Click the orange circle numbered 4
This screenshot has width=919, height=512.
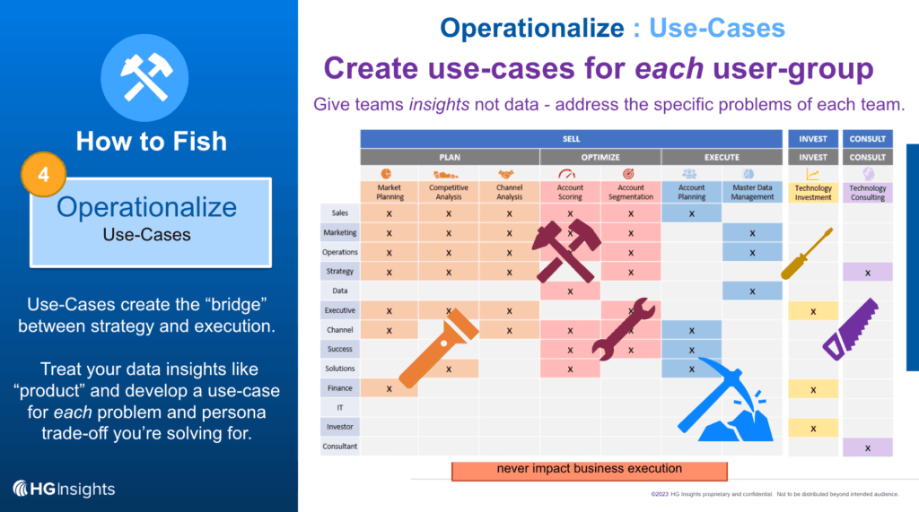coord(43,176)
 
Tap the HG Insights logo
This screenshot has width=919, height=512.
coord(64,489)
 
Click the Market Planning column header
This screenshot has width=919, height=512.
coord(389,192)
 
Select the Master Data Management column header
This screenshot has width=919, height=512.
coord(752,192)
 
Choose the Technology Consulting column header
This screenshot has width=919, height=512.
coord(868,192)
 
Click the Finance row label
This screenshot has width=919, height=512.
coord(340,388)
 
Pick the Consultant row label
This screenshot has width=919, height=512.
coord(340,447)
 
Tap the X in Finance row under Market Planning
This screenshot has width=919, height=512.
coord(389,388)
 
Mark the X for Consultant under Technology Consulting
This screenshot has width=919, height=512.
coord(868,447)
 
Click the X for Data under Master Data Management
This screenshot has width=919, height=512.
coord(752,291)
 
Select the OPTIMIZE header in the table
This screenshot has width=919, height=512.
coord(600,157)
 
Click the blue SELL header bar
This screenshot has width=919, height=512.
coord(572,139)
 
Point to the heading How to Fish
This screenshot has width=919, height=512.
coord(151,141)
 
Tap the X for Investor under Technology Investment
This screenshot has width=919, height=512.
coord(813,428)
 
